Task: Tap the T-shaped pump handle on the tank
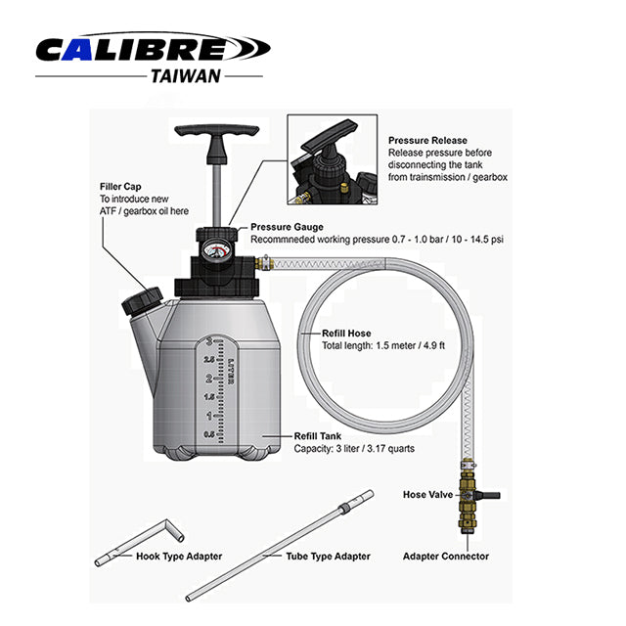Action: [223, 134]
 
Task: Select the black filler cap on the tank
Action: [139, 300]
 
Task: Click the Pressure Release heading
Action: [427, 140]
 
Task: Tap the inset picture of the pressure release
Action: [332, 158]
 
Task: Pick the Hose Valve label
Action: [427, 495]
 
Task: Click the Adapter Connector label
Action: [446, 557]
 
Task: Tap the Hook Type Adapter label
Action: [179, 557]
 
